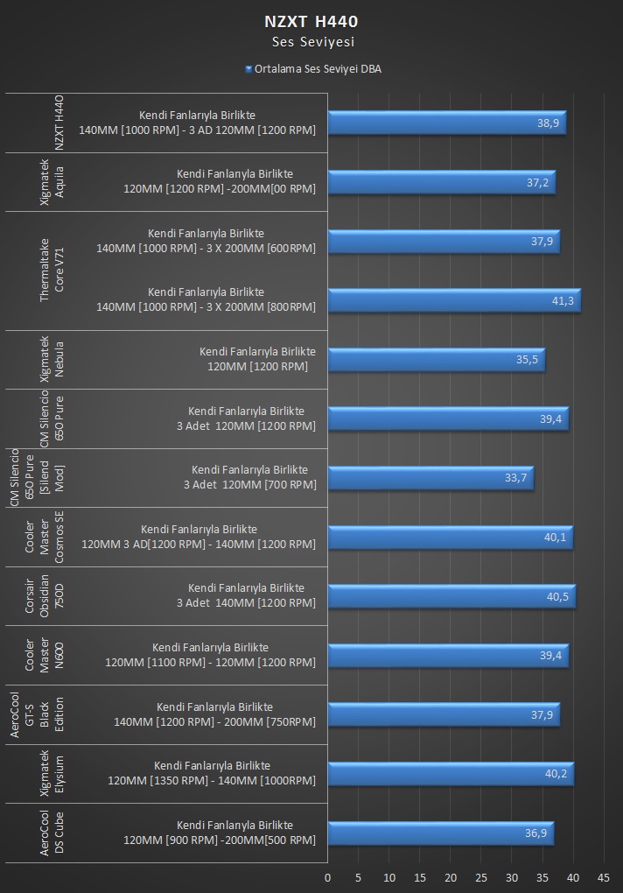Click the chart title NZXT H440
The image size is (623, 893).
point(311,22)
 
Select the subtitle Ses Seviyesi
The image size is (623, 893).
point(313,41)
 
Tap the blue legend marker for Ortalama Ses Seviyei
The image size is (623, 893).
point(248,69)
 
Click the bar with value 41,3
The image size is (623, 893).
point(455,300)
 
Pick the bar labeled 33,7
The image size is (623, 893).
point(430,478)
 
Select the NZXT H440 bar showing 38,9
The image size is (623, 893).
point(447,123)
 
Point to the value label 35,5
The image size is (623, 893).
point(527,359)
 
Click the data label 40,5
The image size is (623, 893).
point(557,596)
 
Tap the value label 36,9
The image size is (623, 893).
point(535,833)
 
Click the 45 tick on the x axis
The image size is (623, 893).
point(603,877)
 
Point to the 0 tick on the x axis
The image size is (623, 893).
point(328,877)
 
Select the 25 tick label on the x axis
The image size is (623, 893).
point(480,877)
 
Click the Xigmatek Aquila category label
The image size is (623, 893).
point(52,182)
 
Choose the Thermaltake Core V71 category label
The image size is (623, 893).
point(52,271)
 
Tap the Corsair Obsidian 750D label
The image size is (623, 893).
point(45,596)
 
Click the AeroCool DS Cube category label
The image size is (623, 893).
point(52,833)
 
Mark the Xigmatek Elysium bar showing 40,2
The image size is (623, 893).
point(451,773)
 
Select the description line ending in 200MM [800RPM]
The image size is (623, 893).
point(206,307)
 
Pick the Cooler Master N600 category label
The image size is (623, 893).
point(45,656)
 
